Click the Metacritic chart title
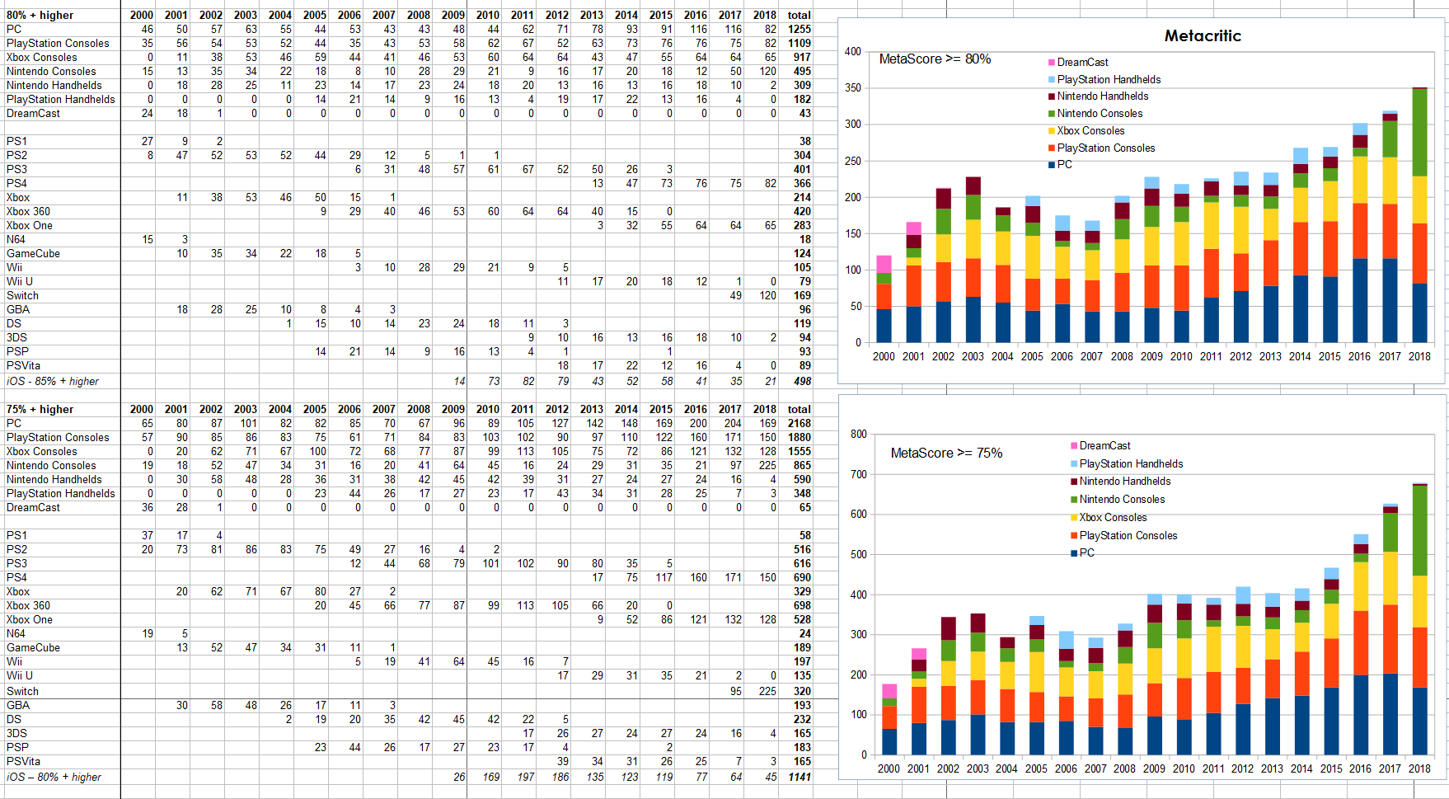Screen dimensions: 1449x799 [1203, 35]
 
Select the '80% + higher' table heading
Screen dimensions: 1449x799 [40, 15]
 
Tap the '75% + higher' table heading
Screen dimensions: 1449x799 [40, 409]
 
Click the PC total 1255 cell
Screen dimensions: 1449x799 [800, 29]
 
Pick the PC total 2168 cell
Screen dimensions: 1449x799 [800, 423]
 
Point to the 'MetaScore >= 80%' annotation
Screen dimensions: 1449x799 [935, 59]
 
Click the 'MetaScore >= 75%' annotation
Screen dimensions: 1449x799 [946, 453]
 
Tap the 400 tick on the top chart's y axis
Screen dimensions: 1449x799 [852, 51]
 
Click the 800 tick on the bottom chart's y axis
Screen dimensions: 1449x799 [858, 434]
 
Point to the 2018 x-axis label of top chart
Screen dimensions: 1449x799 [1419, 356]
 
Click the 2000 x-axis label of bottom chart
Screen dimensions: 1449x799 [889, 768]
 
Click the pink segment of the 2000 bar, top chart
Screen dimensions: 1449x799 [884, 264]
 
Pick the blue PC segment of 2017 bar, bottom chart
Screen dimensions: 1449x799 [1390, 714]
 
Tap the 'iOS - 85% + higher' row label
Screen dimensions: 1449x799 [53, 381]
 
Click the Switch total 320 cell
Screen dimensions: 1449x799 [802, 691]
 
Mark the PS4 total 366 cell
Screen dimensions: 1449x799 [802, 183]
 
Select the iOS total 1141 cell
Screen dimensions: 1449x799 [800, 777]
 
